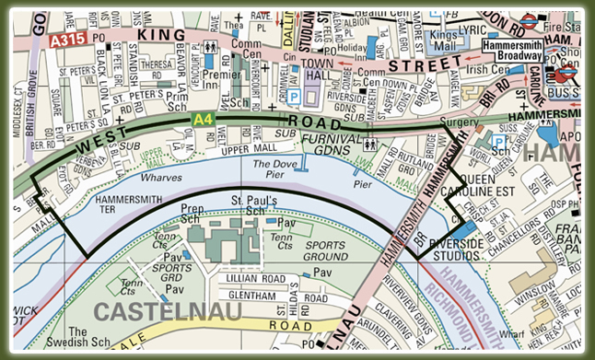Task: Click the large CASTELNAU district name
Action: coord(169,312)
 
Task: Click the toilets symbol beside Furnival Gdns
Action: coord(369,144)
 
